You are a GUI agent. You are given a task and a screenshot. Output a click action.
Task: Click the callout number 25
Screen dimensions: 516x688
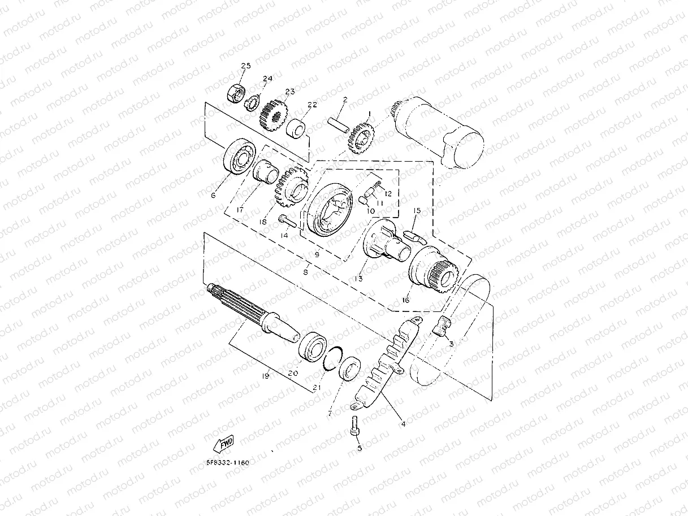[x=245, y=67]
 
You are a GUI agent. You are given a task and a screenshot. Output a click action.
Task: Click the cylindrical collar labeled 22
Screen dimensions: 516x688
[x=298, y=128]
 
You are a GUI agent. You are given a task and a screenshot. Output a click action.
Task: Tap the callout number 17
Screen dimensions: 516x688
[x=240, y=210]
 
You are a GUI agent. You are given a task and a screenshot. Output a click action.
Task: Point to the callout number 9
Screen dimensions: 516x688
[x=317, y=254]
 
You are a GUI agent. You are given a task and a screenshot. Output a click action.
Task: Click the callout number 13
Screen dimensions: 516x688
[x=359, y=279]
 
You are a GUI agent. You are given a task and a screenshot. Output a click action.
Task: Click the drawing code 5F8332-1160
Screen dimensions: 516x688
[x=227, y=462]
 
